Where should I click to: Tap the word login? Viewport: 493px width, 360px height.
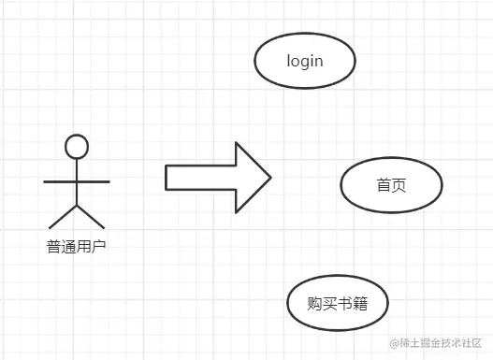point(305,62)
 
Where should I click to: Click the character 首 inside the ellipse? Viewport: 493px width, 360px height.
point(384,185)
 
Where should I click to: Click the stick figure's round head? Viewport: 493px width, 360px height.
point(77,146)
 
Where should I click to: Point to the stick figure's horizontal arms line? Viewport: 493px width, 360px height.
point(77,180)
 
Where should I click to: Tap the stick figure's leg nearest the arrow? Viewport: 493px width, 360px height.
point(91,216)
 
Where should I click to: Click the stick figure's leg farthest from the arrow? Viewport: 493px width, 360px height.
point(63,216)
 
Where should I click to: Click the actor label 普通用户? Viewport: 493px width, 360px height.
point(77,248)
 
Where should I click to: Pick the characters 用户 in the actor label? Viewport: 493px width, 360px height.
point(92,248)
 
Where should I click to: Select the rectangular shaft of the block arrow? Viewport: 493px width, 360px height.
point(199,177)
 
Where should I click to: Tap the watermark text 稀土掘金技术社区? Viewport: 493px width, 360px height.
point(440,345)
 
